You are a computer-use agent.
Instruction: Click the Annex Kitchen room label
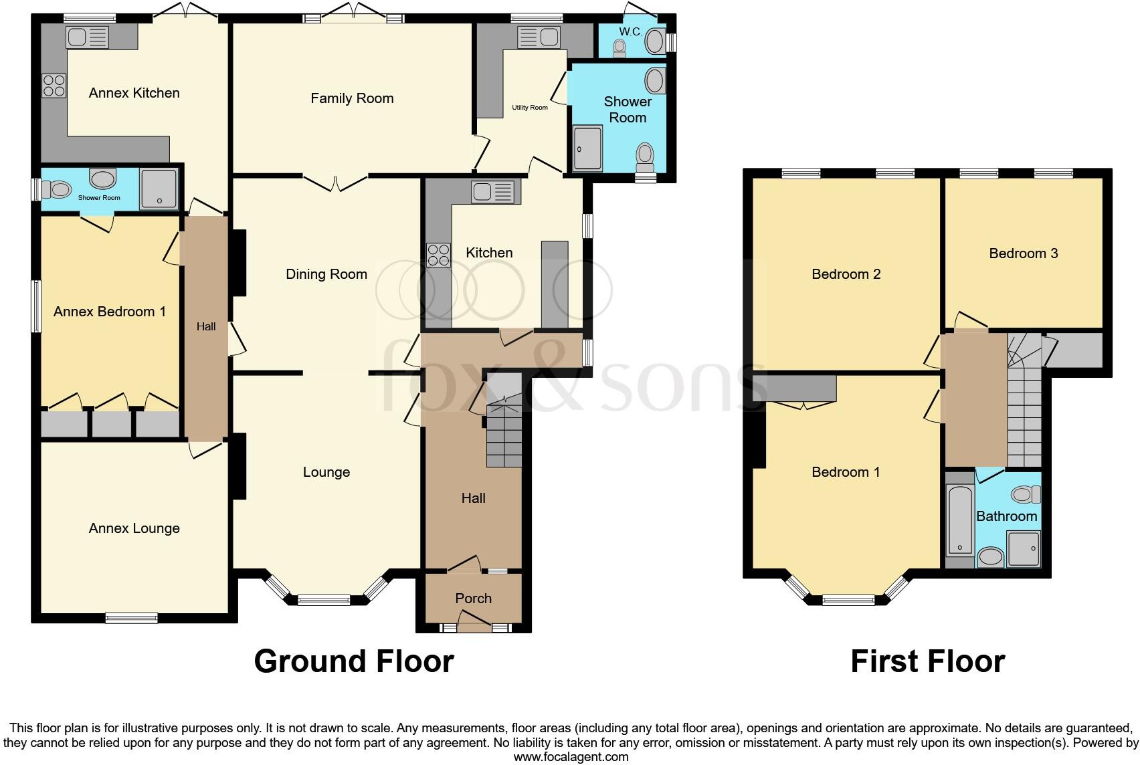pyautogui.click(x=134, y=93)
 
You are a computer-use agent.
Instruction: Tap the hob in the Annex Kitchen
pyautogui.click(x=54, y=85)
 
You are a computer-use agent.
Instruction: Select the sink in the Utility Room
pyautogui.click(x=539, y=37)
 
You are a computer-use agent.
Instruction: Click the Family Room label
pyautogui.click(x=352, y=98)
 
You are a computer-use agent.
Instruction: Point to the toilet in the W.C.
pyautogui.click(x=619, y=47)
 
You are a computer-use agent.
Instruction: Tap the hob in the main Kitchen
pyautogui.click(x=439, y=255)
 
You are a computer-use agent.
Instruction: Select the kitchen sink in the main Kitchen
pyautogui.click(x=492, y=192)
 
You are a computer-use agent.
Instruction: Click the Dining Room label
pyautogui.click(x=326, y=274)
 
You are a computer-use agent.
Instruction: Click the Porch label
pyautogui.click(x=473, y=598)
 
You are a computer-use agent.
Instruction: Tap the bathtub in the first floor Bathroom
pyautogui.click(x=960, y=520)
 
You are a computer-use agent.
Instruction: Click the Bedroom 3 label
pyautogui.click(x=1023, y=253)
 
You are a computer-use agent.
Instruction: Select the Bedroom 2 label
pyautogui.click(x=846, y=274)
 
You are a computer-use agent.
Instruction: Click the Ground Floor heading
pyautogui.click(x=354, y=661)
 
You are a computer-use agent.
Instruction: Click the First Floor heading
pyautogui.click(x=927, y=661)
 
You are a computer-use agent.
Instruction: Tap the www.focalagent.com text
pyautogui.click(x=571, y=757)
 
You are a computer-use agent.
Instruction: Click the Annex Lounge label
pyautogui.click(x=134, y=528)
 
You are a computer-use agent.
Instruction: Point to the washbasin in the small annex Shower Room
pyautogui.click(x=102, y=178)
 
